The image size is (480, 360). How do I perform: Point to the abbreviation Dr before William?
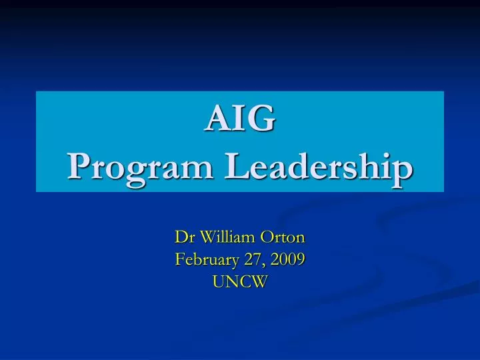pyautogui.click(x=182, y=237)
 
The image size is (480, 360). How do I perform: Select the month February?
pyautogui.click(x=205, y=259)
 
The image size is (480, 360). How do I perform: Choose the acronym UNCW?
pyautogui.click(x=240, y=282)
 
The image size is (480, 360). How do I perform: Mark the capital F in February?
pyautogui.click(x=179, y=259)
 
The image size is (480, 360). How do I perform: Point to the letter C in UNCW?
pyautogui.click(x=245, y=282)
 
